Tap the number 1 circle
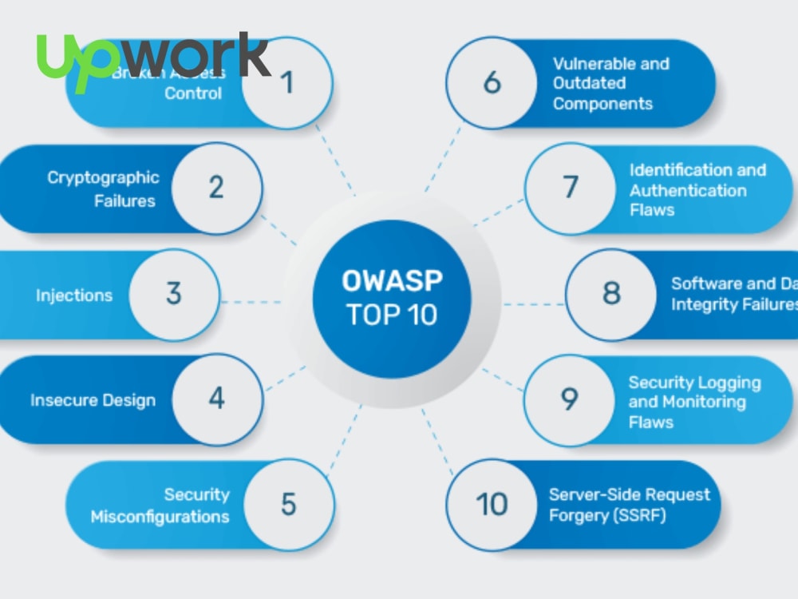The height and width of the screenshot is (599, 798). click(287, 82)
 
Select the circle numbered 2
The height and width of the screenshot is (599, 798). click(216, 188)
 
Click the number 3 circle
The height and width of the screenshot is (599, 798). click(174, 294)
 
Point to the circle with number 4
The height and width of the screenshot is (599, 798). click(217, 399)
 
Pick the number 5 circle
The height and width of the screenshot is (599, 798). click(288, 505)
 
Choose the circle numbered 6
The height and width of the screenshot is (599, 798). click(492, 82)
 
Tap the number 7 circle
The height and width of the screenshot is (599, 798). click(570, 188)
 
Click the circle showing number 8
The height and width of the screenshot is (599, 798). click(611, 294)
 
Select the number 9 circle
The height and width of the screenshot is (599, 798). click(569, 399)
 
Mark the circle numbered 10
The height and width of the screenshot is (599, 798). click(492, 505)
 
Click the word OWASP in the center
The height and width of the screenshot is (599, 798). click(392, 281)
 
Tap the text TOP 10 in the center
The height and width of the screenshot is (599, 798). click(392, 315)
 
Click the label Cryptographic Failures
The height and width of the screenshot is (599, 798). click(103, 188)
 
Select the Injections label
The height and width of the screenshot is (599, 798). click(74, 296)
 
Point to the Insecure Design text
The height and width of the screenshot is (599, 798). click(93, 400)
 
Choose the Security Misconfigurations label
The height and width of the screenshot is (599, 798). click(160, 506)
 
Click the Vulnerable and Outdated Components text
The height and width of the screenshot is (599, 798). click(610, 83)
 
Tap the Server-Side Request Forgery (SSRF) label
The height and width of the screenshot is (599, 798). click(629, 505)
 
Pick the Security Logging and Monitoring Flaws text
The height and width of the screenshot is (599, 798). click(694, 402)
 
